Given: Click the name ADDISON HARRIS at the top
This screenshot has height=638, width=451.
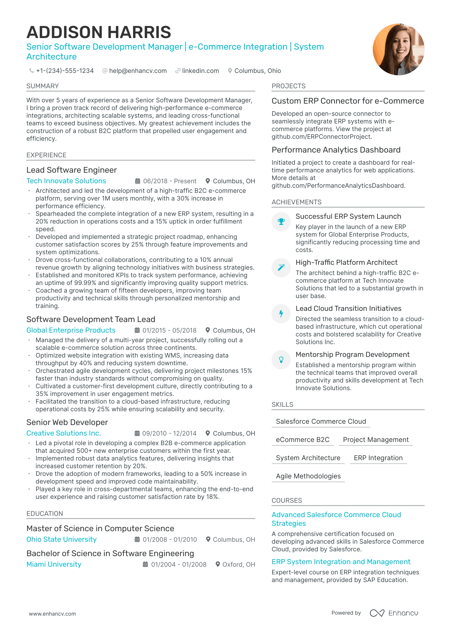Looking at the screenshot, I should point(99,32).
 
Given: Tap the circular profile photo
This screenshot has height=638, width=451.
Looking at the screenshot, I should point(399,49).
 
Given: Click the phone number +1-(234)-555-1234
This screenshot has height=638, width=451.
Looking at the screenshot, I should point(65,71).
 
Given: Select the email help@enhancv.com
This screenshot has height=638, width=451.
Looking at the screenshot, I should point(138,71).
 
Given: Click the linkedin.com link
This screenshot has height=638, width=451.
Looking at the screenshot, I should point(200,71).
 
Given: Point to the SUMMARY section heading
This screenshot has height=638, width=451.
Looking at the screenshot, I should point(43,86).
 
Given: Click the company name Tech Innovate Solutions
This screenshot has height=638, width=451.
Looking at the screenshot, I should point(66,181).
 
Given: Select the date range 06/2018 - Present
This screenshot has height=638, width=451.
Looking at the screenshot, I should point(170,181).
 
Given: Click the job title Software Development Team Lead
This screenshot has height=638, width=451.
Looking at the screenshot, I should point(91,319).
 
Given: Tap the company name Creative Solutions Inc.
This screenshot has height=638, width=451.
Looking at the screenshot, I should point(64,433).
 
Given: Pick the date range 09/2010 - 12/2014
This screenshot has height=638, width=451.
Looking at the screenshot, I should point(169,433).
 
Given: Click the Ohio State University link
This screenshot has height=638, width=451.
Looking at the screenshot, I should point(61,539).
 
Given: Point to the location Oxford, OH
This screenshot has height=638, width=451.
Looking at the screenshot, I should point(239,564).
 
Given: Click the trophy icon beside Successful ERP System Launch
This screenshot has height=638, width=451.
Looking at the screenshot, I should point(281,221).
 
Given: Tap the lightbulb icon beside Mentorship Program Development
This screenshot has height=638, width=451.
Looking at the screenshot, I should point(281,359).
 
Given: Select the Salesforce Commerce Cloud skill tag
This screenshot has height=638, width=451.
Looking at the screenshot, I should point(321,421).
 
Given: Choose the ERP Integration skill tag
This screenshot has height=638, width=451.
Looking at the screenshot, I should point(378,458).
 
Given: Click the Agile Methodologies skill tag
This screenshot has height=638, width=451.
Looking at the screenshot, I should point(308,476).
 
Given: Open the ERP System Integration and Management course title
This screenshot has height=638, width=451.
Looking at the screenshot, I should point(341,562).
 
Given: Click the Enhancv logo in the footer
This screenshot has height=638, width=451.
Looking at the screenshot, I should point(394,613).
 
